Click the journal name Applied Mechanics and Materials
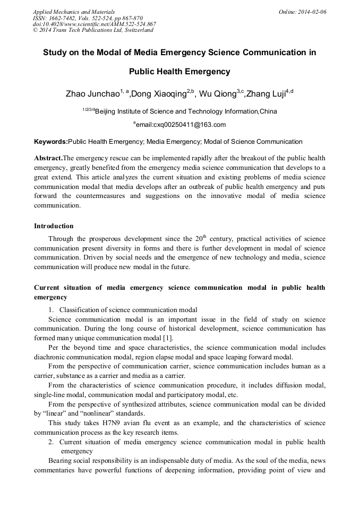click(x=74, y=11)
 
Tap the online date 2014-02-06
click(x=313, y=11)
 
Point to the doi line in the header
click(x=94, y=24)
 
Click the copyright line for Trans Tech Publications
click(x=93, y=30)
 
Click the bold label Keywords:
click(x=50, y=142)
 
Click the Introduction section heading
click(x=54, y=226)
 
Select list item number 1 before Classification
click(x=51, y=310)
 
